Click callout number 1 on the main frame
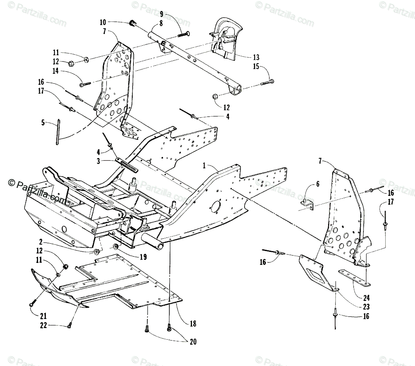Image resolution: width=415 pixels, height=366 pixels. (x=204, y=166)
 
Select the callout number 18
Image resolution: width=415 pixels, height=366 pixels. (x=193, y=323)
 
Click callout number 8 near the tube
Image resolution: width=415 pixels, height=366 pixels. (x=161, y=24)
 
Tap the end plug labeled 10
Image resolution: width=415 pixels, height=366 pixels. (x=132, y=23)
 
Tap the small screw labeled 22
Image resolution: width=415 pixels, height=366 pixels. (x=70, y=323)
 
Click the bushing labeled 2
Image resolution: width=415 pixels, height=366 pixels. (x=97, y=251)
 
